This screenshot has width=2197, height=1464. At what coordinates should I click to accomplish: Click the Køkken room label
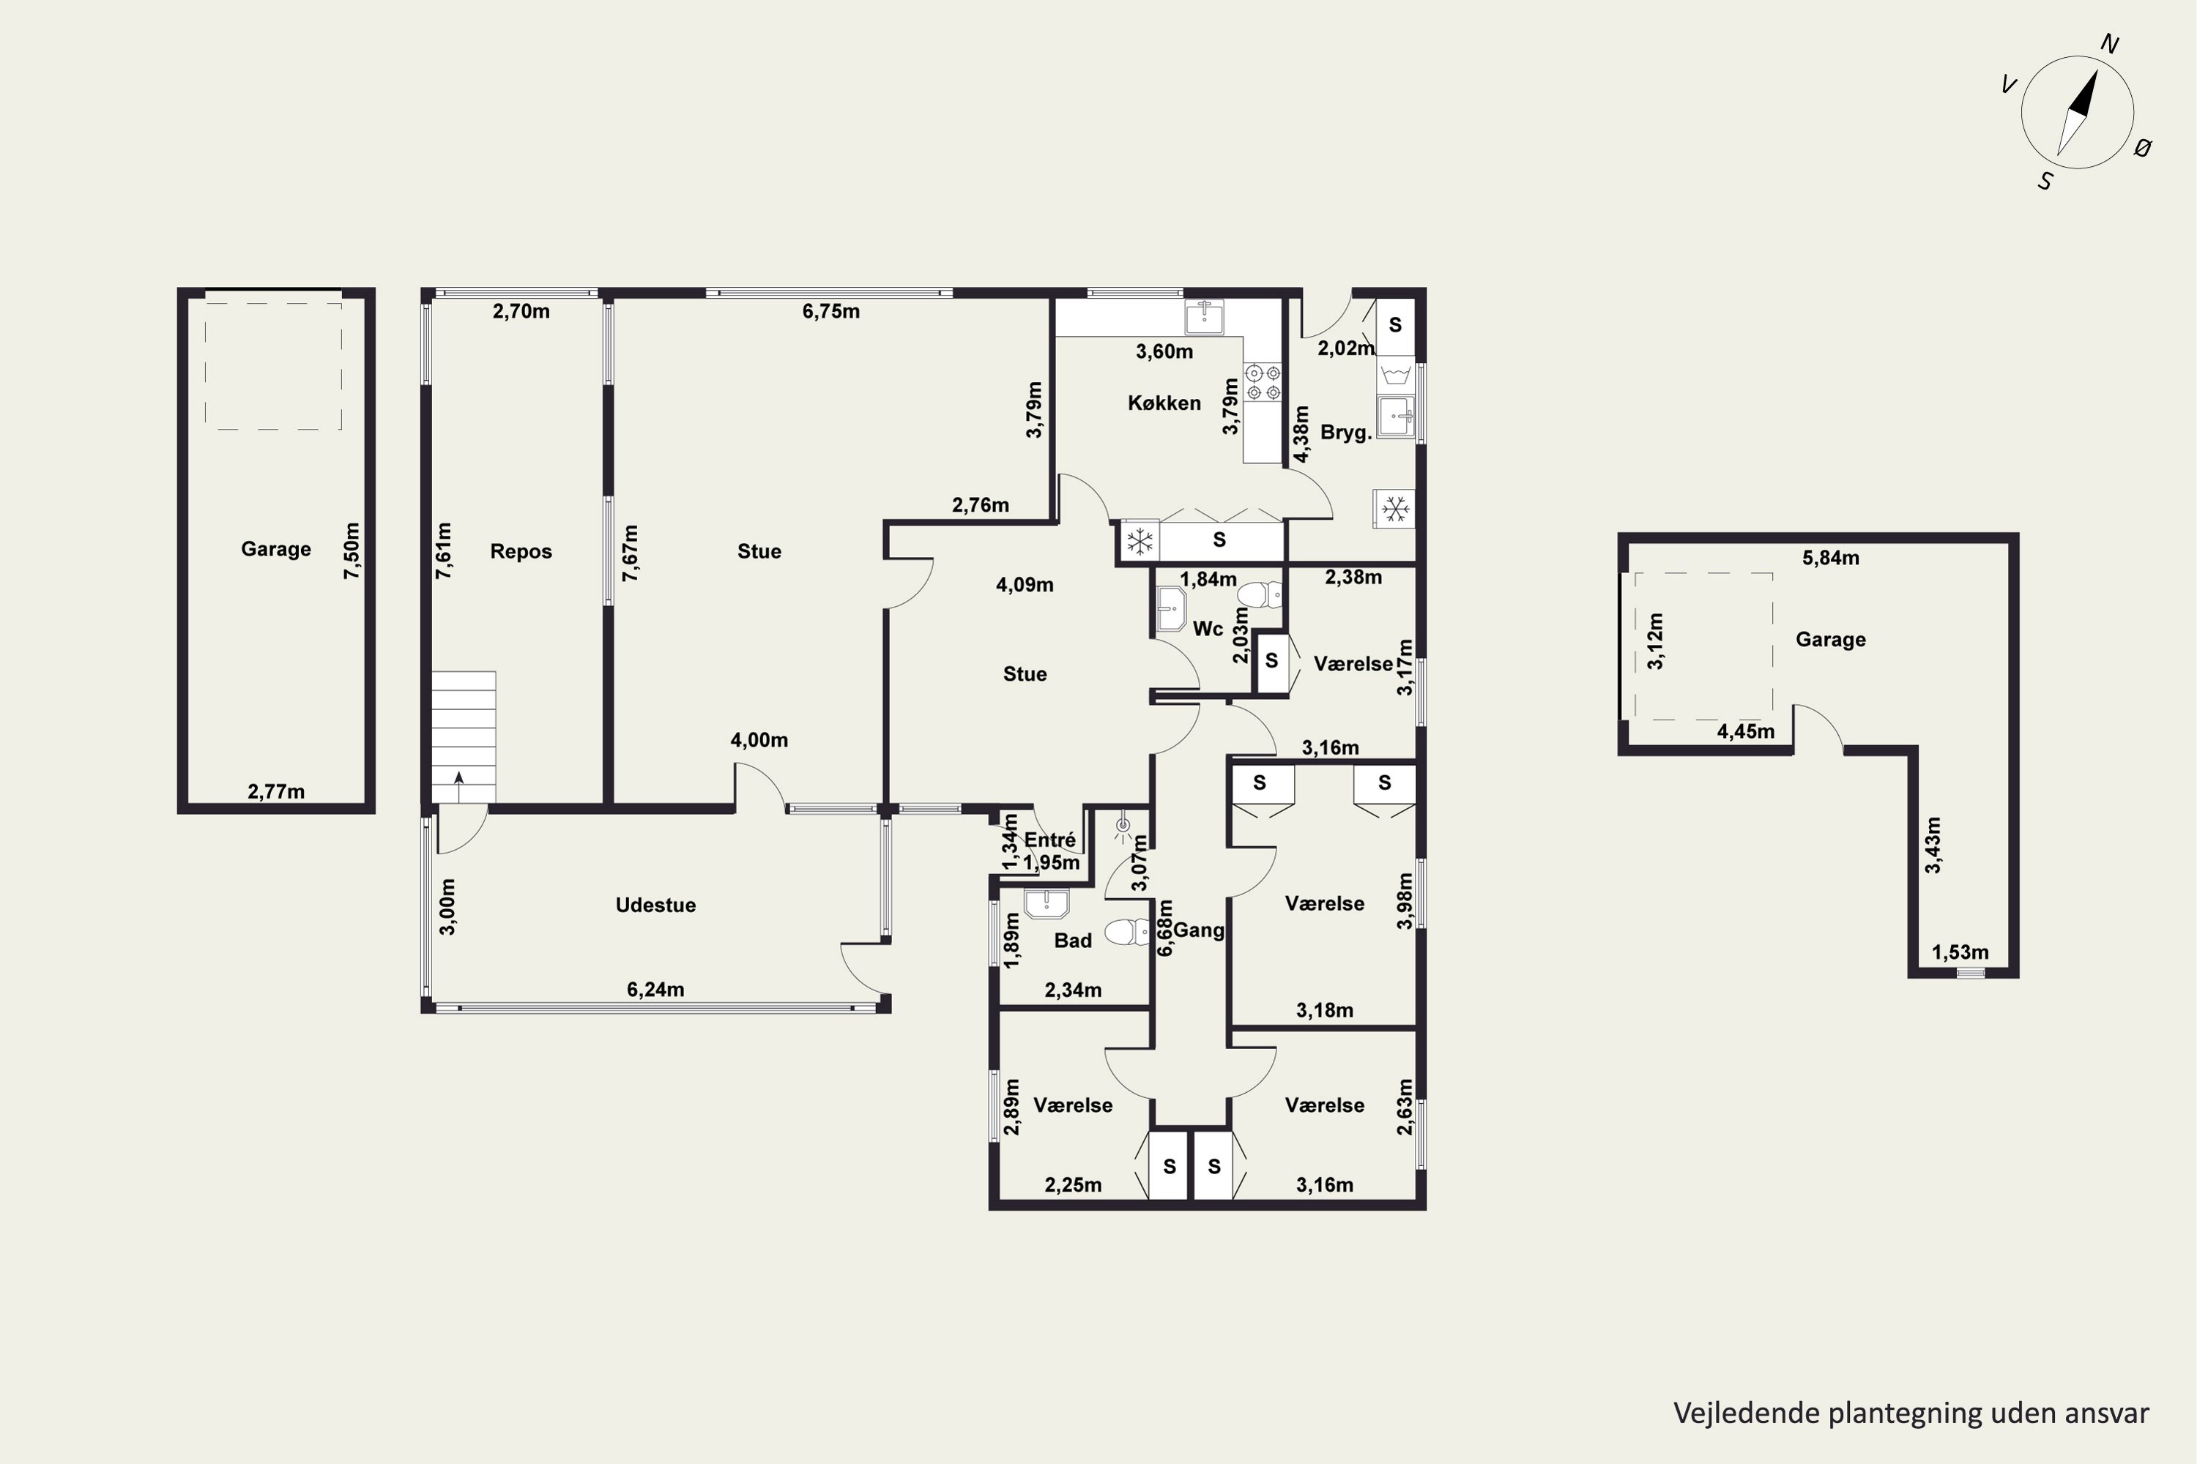click(1164, 403)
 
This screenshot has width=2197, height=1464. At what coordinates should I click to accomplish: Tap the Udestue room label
click(655, 905)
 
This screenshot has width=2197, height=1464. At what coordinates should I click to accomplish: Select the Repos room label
click(521, 552)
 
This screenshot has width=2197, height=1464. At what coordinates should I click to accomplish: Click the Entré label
click(1050, 840)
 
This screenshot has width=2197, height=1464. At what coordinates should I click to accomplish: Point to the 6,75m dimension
click(830, 312)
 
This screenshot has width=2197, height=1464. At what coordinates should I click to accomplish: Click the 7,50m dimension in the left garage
click(352, 551)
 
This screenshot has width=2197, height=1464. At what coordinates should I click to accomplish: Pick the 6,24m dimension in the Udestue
click(655, 990)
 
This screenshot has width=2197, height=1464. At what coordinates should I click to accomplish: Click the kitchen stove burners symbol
click(1263, 383)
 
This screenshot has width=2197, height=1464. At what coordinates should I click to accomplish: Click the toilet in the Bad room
click(1128, 932)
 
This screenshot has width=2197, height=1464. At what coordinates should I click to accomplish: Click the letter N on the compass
click(2109, 44)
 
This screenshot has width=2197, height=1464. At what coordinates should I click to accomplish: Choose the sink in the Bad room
click(1047, 904)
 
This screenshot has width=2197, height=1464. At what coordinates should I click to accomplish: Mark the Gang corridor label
click(1198, 930)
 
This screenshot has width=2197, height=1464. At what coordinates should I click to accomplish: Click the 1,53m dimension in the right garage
click(1960, 952)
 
